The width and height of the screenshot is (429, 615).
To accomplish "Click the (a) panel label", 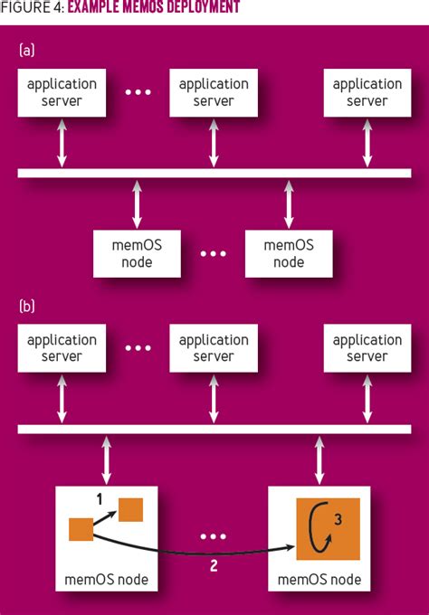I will click(x=26, y=51).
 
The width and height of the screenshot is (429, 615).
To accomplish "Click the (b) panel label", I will click(x=26, y=307).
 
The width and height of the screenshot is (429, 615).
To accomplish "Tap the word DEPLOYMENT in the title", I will click(x=198, y=8).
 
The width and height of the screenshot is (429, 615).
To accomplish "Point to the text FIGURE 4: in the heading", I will click(x=33, y=8).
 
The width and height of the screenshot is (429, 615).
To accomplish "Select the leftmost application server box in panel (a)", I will click(x=62, y=92).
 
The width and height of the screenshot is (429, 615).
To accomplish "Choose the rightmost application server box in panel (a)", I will click(x=367, y=92).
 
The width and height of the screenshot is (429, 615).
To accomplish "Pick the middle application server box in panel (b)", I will click(x=214, y=348).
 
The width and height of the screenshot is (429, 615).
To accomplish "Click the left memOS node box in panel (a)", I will click(x=137, y=253).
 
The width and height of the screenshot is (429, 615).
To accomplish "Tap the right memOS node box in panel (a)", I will click(x=289, y=253).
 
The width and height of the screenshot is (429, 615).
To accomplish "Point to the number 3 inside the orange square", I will click(x=338, y=519).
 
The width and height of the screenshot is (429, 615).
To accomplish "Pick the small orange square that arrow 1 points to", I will click(x=131, y=509).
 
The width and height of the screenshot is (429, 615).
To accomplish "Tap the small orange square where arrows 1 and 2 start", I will click(x=80, y=529).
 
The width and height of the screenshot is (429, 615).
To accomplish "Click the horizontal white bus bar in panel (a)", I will click(x=214, y=173).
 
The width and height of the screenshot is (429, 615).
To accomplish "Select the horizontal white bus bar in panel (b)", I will click(x=214, y=429).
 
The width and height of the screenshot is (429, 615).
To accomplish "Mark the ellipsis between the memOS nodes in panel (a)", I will click(x=214, y=254).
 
